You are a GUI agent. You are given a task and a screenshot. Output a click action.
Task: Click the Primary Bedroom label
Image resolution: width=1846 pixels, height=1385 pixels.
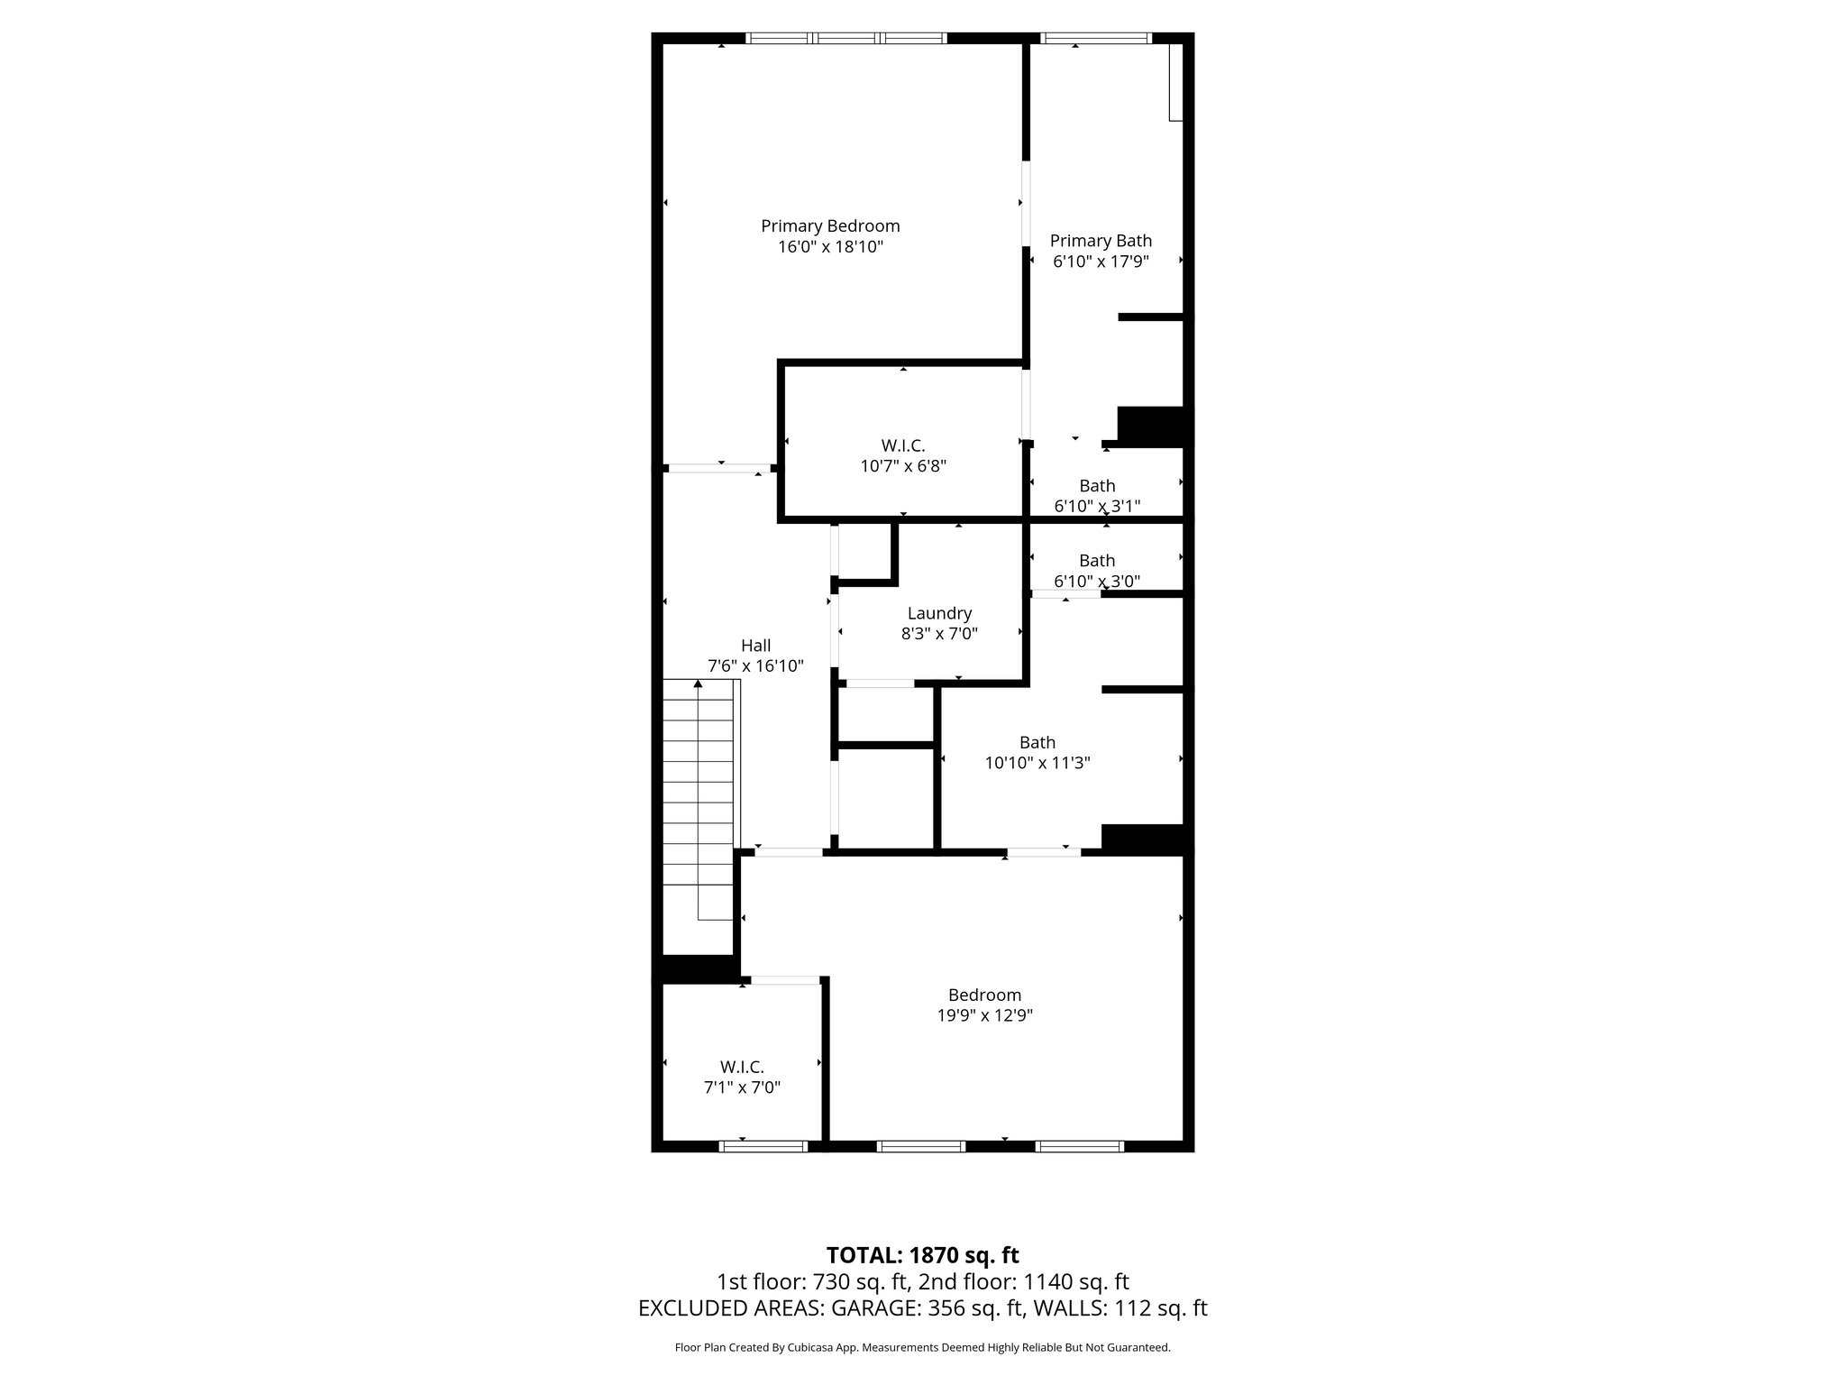(830, 226)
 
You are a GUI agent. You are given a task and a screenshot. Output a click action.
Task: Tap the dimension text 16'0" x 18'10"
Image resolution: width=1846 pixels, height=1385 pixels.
(830, 247)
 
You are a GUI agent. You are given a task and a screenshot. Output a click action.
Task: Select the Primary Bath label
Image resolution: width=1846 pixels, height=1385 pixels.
(1101, 241)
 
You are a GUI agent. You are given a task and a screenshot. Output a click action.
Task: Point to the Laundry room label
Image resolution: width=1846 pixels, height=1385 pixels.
(939, 614)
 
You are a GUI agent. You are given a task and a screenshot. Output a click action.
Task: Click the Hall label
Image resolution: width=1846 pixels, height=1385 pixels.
(755, 646)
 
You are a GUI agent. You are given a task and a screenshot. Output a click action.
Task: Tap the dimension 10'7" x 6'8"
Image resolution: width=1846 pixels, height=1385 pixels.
(903, 466)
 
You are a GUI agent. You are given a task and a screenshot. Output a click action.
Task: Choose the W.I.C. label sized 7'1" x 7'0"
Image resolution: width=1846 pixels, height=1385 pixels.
(742, 1068)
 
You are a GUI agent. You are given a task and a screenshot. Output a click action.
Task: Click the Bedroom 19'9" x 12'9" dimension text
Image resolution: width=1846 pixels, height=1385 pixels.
(984, 1015)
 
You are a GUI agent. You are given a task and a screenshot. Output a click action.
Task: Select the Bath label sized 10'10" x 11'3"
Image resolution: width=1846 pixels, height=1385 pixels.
(1037, 743)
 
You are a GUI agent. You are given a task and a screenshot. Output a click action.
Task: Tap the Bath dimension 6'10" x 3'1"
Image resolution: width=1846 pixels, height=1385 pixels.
(1097, 506)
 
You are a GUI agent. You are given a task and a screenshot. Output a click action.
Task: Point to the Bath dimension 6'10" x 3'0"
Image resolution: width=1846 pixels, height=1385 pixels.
(1097, 582)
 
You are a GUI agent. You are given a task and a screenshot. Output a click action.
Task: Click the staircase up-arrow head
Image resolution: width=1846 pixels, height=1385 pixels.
(698, 684)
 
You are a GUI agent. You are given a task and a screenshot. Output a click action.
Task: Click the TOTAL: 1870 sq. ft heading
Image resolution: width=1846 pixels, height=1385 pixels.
(922, 1255)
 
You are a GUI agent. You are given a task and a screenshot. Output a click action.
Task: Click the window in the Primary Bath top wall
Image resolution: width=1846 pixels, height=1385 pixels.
(1096, 38)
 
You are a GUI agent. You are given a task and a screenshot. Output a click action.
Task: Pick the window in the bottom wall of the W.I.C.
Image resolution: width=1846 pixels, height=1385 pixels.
(763, 1146)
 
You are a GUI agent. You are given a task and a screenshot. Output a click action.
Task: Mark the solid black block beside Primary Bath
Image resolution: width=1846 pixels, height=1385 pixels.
(1150, 425)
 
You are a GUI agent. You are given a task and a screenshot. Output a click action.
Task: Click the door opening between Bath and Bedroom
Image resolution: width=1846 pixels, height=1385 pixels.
(1044, 852)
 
